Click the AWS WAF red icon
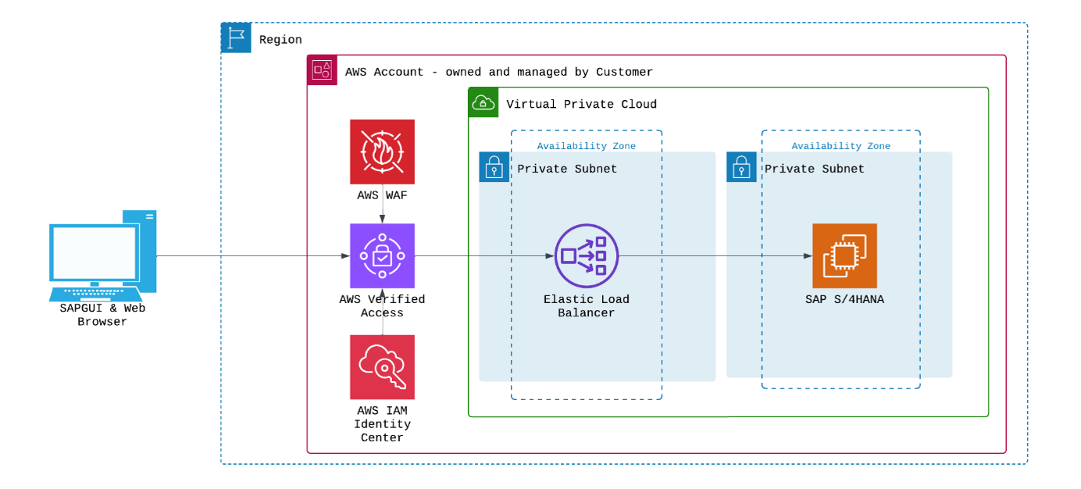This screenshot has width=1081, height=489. (382, 152)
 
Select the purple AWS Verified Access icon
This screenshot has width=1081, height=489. (382, 255)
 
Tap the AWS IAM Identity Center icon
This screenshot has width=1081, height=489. (382, 367)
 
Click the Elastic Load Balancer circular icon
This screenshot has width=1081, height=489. (586, 255)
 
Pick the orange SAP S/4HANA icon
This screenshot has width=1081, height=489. (844, 255)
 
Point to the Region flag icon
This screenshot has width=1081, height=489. (236, 37)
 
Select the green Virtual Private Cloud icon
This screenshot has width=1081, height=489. (483, 103)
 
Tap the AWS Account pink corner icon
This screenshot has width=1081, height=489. (323, 70)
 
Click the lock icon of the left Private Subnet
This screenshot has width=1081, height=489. (494, 167)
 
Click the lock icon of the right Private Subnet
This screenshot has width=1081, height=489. (741, 167)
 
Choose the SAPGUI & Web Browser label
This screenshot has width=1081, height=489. (102, 315)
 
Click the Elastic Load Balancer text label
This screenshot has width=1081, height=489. (586, 306)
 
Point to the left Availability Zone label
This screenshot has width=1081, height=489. (586, 146)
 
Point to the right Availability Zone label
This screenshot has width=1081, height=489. (840, 146)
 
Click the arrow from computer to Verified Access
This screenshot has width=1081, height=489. (250, 255)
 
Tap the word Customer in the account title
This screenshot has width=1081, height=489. (624, 72)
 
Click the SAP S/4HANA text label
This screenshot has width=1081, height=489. (844, 299)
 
